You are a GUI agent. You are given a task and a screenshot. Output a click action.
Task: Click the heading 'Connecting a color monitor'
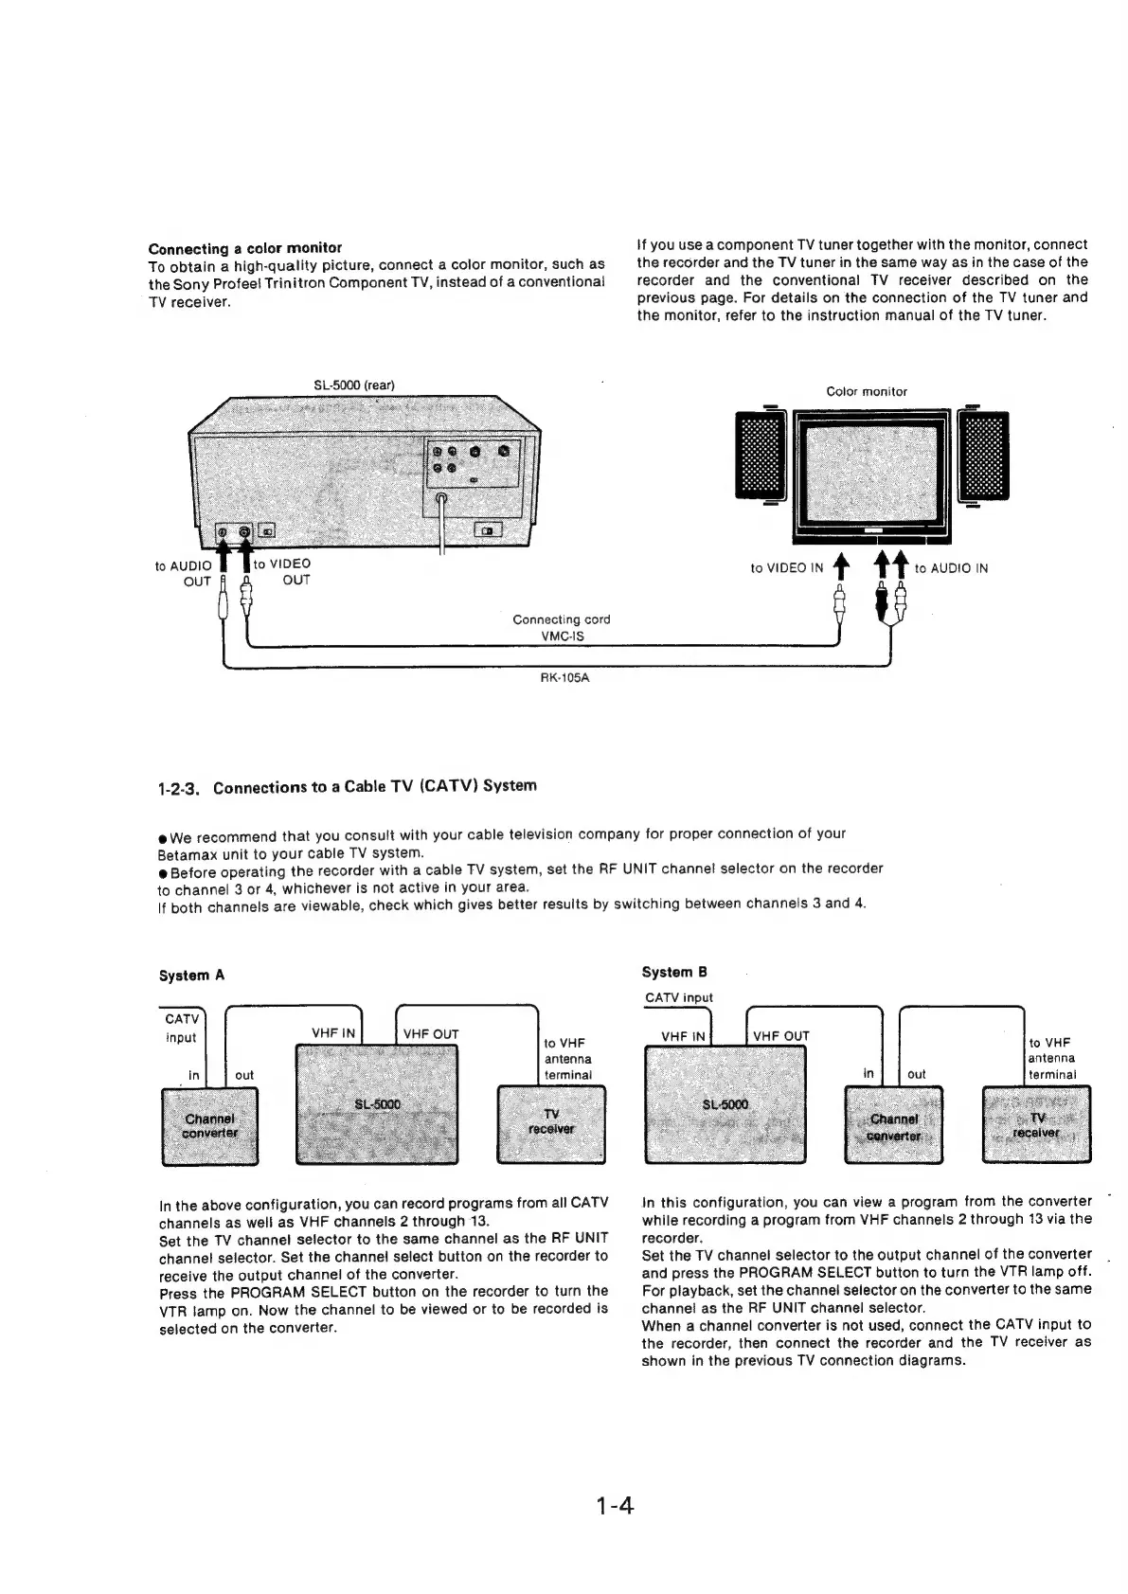[x=245, y=248]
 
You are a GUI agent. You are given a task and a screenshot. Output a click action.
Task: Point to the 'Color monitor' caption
[x=866, y=391]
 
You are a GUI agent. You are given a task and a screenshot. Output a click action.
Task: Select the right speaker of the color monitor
[x=983, y=457]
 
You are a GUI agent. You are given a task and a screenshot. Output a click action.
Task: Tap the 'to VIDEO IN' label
[x=786, y=568]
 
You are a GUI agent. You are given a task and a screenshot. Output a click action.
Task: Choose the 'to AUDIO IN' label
[x=951, y=568]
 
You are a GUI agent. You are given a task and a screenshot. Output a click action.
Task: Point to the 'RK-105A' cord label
[x=563, y=678]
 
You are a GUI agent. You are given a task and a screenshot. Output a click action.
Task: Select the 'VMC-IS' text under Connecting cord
[x=562, y=636]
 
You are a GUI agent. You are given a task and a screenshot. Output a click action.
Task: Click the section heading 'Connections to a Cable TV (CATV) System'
[x=374, y=786]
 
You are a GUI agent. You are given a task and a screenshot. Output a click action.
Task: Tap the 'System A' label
[x=191, y=975]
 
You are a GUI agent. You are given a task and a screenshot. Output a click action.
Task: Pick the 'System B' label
[x=674, y=972]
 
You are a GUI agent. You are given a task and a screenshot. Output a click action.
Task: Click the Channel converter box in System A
[x=210, y=1125]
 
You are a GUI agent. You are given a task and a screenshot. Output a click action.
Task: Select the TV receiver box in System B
[x=1036, y=1124]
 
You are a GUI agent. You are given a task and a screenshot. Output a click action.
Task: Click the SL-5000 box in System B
[x=725, y=1107]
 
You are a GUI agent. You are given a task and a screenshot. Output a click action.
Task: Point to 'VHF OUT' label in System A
[x=431, y=1034]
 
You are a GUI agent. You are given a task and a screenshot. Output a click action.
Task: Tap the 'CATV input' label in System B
[x=678, y=997]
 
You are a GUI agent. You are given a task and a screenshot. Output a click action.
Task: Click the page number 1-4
[x=615, y=1505]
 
